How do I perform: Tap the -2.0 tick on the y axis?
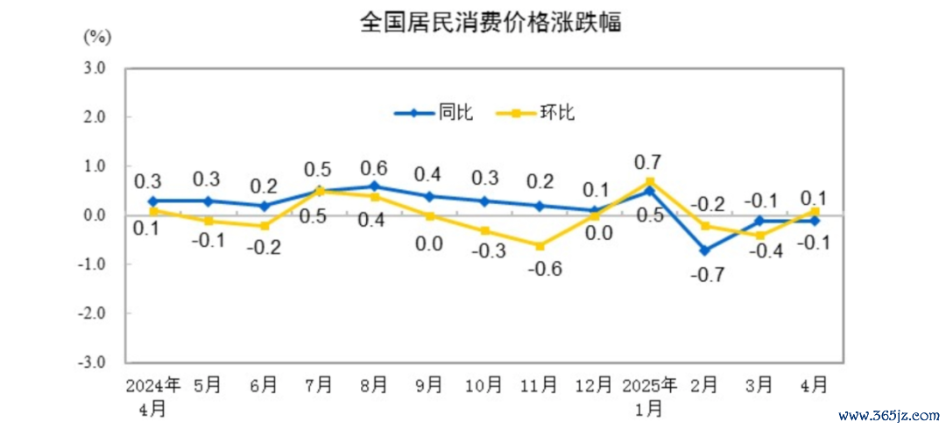[93, 313]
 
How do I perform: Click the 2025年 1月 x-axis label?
[649, 395]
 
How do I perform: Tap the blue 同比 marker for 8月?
[374, 186]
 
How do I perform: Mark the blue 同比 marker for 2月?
[704, 250]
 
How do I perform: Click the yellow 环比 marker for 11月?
[540, 245]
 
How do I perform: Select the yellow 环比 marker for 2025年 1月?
[649, 181]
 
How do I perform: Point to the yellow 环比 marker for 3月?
[759, 235]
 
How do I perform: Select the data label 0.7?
[649, 161]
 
